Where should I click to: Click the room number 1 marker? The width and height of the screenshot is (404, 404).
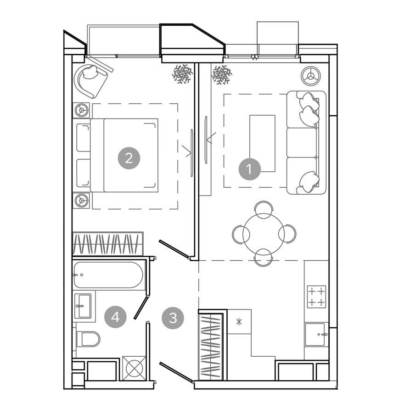[x=249, y=169]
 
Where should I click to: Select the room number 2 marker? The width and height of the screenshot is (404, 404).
[x=129, y=158]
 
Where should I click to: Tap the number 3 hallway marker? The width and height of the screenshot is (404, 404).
[x=173, y=318]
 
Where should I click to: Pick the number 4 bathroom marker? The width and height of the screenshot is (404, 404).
[x=115, y=317]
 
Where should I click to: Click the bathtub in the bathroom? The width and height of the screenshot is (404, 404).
[x=108, y=275]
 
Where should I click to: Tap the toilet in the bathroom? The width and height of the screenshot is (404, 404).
[x=88, y=339]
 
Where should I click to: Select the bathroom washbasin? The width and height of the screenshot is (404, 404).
[x=83, y=306]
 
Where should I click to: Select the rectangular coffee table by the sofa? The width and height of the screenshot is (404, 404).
[x=262, y=143]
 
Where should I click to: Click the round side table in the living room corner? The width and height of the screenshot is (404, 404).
[x=310, y=76]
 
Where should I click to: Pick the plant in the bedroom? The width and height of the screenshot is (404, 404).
[x=182, y=74]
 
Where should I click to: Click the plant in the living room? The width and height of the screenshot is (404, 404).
[x=222, y=75]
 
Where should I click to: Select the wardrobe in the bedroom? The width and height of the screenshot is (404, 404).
[x=108, y=244]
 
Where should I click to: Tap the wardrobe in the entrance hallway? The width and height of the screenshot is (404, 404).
[x=211, y=345]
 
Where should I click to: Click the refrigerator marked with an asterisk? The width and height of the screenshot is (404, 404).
[x=239, y=321]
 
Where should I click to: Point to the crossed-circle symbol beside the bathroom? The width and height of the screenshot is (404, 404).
[x=134, y=368]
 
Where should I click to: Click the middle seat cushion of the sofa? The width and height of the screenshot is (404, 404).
[x=302, y=142]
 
